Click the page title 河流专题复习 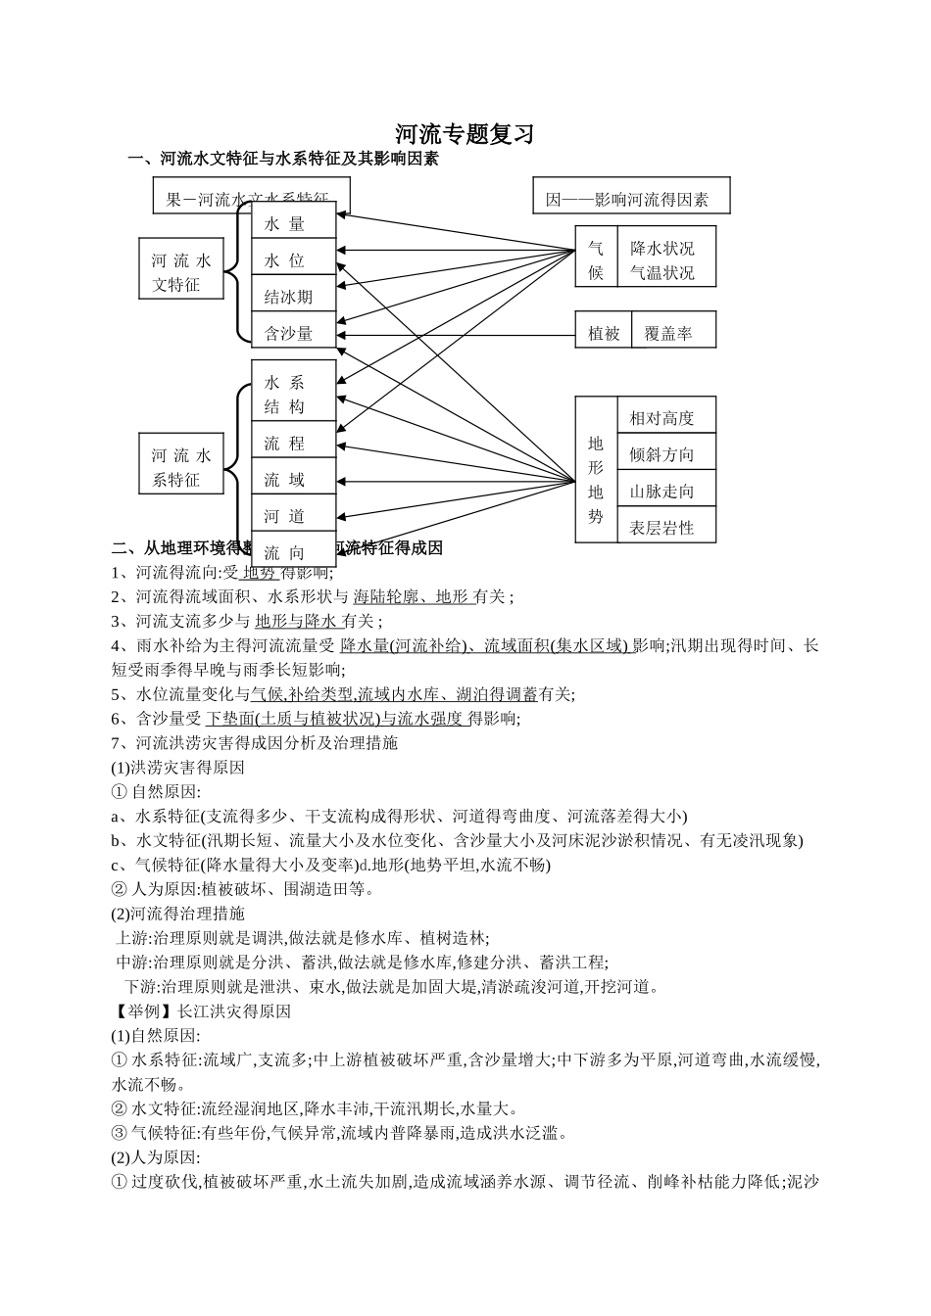coord(465,133)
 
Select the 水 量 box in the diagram coord(293,223)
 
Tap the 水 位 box coord(293,259)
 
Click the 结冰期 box coord(293,297)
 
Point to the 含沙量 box coord(293,333)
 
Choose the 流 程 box coord(293,443)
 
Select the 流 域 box coord(293,479)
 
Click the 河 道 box coord(293,516)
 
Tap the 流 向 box coord(293,552)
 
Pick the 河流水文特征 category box coord(181,272)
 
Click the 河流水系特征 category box coord(181,467)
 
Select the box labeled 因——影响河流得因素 coord(631,200)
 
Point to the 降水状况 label coord(661,248)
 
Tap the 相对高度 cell coord(661,418)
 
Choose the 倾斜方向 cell coord(661,454)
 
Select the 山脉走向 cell coord(661,491)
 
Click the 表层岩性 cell coord(661,528)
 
